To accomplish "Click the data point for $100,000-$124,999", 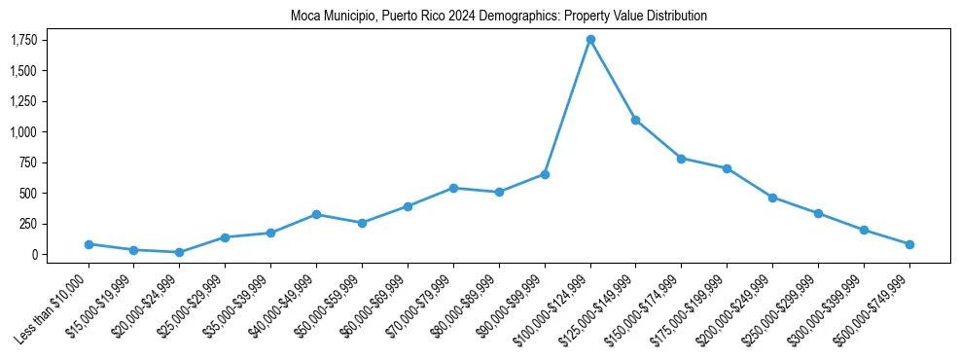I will pos(590,40).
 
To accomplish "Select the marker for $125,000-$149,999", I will pos(636,120).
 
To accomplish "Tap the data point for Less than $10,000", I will pos(89,244).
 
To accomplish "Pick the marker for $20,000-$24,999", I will pos(180,252).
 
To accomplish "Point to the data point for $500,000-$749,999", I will pos(909,244).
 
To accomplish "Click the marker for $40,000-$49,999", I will pos(317,214).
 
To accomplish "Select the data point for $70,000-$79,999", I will pos(453,188).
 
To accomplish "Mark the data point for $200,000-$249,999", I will pos(772,198).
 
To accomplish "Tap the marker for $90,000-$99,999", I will pos(545,174).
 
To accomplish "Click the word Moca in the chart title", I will pos(303,17).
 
